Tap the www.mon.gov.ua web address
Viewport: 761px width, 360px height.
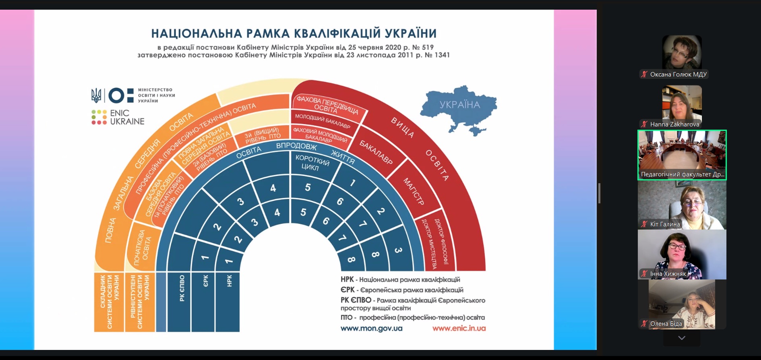(x=371, y=329)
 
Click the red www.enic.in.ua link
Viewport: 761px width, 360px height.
(x=459, y=329)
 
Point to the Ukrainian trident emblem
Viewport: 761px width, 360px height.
(x=96, y=95)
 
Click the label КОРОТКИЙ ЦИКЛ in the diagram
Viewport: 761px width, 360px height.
(x=312, y=163)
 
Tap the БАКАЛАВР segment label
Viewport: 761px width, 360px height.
(x=376, y=152)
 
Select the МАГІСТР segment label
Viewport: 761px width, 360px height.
(x=414, y=192)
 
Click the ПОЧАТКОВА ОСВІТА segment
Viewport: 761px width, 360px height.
(x=143, y=248)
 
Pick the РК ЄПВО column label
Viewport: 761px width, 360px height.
(x=182, y=288)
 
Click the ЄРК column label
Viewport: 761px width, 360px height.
(x=206, y=281)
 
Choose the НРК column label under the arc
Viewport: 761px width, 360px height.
(x=230, y=281)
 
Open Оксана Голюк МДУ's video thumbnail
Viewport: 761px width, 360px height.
(x=682, y=52)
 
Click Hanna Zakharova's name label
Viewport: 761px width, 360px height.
(x=674, y=124)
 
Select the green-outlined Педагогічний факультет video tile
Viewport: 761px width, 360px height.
(x=682, y=154)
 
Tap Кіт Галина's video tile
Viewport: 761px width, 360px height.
(x=682, y=205)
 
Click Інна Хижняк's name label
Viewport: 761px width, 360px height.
(x=668, y=274)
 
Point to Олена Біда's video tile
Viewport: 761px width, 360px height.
(x=682, y=304)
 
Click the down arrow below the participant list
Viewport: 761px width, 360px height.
(x=682, y=338)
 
